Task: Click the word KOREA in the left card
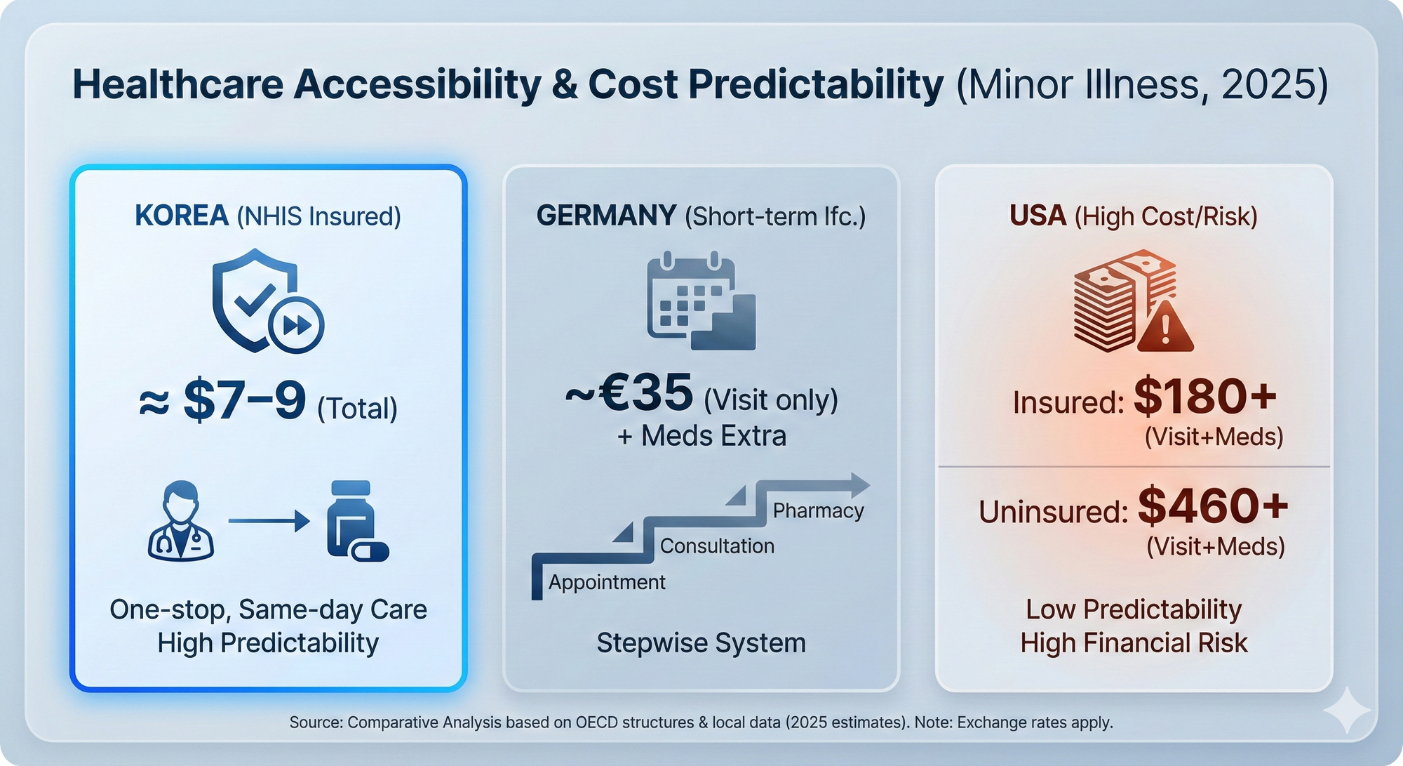point(182,216)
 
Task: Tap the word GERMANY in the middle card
point(606,216)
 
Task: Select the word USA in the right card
point(1038,216)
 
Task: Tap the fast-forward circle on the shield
point(296,325)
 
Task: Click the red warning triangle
point(1164,327)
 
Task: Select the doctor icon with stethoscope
point(181,520)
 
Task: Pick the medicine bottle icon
point(354,520)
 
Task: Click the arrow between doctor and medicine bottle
point(269,521)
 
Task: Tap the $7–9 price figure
point(244,402)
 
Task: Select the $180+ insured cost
point(1204,397)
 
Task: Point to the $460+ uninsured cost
point(1213,506)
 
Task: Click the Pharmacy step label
point(818,510)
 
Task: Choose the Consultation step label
point(717,546)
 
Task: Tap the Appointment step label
point(607,582)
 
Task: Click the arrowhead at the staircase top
point(859,484)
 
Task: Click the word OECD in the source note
point(598,722)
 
